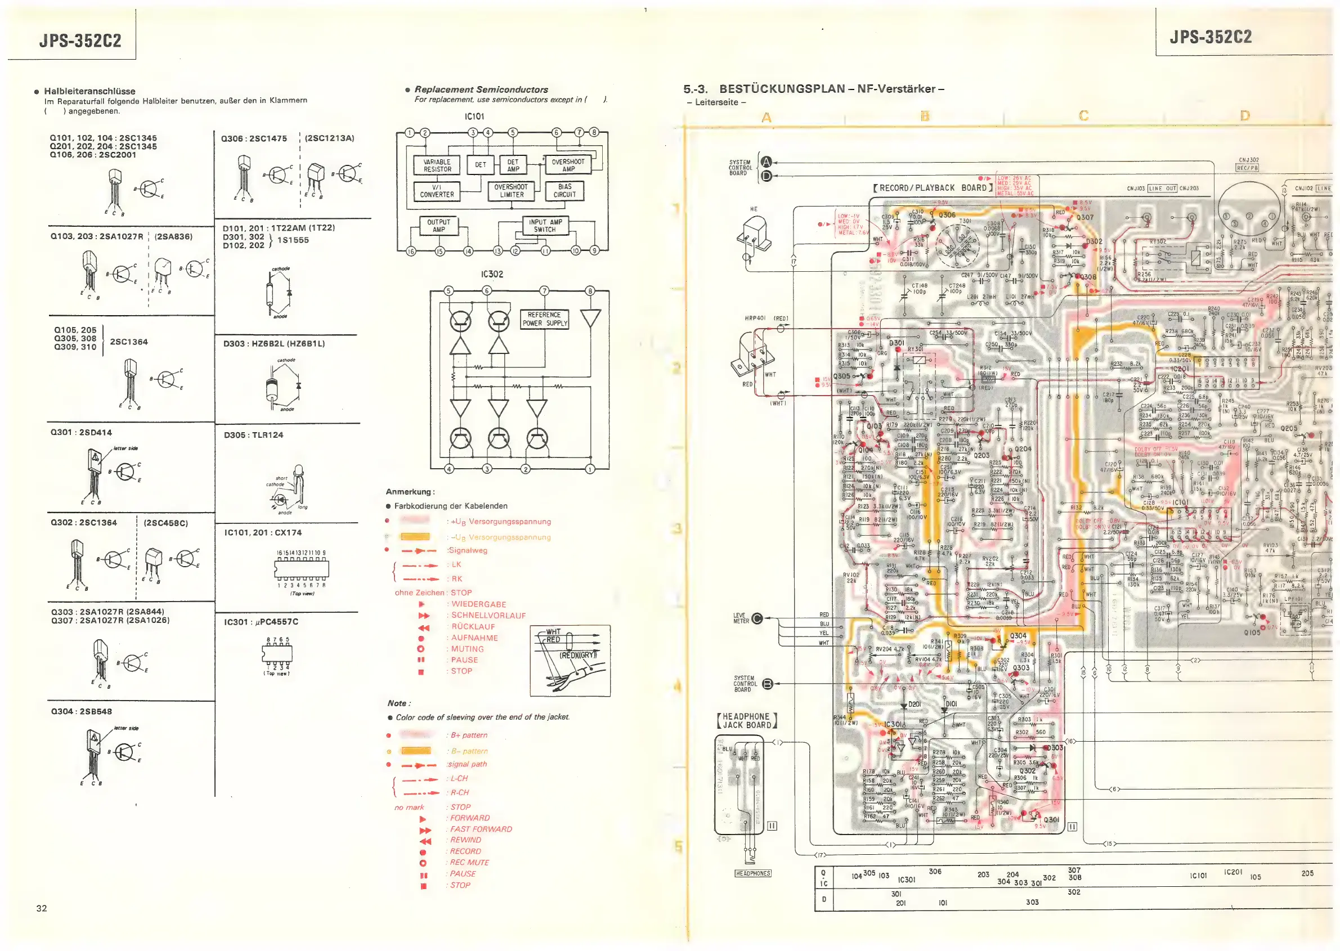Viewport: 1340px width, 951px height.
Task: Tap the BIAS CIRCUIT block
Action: click(564, 191)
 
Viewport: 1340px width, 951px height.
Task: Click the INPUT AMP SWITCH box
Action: click(545, 226)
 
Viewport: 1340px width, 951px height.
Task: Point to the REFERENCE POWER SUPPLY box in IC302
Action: click(545, 319)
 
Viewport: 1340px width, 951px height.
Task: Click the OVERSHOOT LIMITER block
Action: click(510, 191)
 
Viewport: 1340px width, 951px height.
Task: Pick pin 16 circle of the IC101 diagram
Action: click(410, 251)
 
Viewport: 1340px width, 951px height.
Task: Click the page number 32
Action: click(42, 908)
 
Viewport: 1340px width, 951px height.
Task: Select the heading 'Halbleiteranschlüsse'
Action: click(89, 91)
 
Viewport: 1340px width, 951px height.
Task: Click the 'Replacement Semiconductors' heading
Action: click(481, 89)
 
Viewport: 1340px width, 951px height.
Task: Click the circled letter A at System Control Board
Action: click(766, 162)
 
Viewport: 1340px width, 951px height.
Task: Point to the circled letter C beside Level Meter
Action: click(757, 618)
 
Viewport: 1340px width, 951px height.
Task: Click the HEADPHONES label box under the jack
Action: click(752, 874)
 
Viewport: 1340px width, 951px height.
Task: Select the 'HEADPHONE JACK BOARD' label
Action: click(747, 721)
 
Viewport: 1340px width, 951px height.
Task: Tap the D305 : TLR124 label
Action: click(253, 435)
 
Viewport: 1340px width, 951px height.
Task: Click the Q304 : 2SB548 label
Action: click(81, 711)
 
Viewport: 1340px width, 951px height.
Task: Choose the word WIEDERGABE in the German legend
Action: click(478, 604)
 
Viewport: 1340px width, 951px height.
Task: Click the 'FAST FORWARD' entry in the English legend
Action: click(481, 829)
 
